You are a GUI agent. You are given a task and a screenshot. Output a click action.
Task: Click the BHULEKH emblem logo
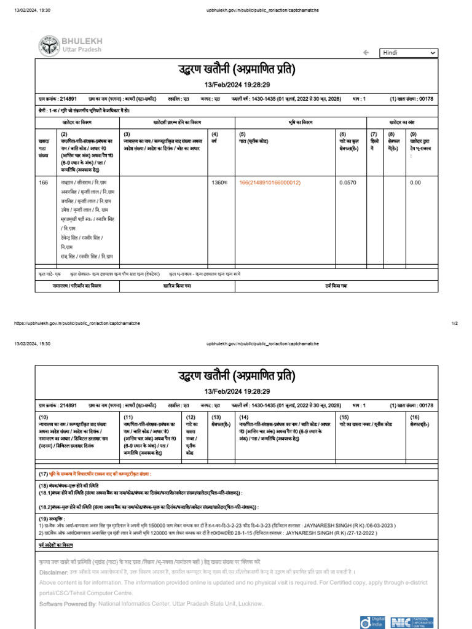(x=49, y=46)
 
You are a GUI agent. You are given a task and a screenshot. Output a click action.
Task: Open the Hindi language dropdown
(x=409, y=53)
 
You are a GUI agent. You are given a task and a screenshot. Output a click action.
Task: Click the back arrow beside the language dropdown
(x=366, y=53)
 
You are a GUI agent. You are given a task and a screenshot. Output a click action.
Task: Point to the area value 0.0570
(x=347, y=182)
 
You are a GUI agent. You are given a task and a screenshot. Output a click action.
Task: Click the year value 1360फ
(x=219, y=182)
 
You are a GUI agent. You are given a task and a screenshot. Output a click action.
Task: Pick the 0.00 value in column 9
(x=415, y=182)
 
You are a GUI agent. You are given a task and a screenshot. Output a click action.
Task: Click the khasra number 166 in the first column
(x=44, y=182)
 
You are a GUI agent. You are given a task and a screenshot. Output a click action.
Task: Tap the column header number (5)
(x=243, y=133)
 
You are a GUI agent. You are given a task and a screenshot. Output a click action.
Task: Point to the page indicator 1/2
(x=455, y=323)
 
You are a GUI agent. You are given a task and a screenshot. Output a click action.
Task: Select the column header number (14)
(x=244, y=417)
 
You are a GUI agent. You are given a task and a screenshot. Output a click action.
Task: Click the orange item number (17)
(x=44, y=474)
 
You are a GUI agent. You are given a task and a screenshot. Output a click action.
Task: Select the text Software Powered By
(x=67, y=604)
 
